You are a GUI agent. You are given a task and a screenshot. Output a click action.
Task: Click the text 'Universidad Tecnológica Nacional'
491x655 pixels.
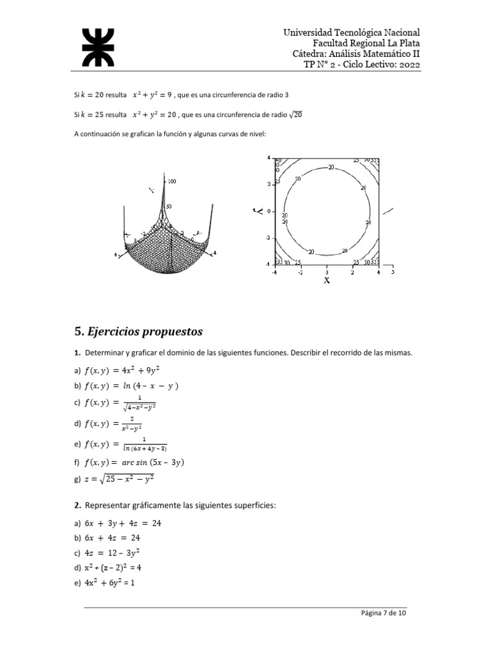tap(352, 32)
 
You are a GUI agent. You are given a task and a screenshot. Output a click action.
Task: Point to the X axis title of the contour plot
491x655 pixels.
tap(327, 280)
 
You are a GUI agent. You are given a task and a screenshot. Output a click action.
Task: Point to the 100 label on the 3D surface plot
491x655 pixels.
tap(172, 182)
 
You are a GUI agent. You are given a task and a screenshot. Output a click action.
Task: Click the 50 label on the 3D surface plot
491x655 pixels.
tap(169, 207)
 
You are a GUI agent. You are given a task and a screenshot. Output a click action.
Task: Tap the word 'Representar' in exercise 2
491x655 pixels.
tap(106, 505)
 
